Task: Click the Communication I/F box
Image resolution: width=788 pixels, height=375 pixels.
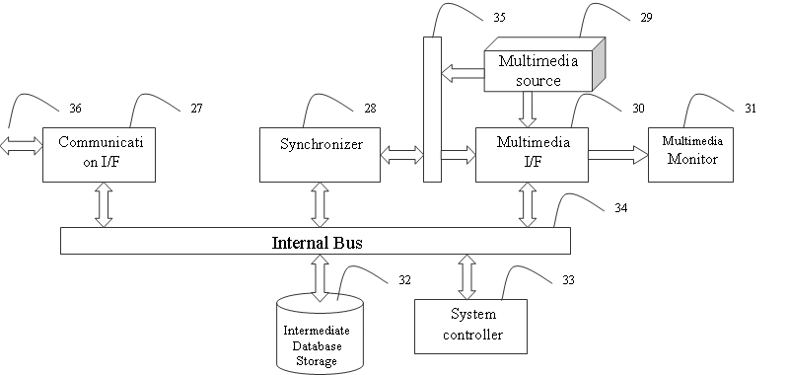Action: coord(99,155)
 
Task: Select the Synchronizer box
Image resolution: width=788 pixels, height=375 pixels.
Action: coord(321,155)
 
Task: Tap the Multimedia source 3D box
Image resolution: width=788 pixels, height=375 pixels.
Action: coord(544,64)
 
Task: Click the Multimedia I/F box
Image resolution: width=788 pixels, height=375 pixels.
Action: coord(533,155)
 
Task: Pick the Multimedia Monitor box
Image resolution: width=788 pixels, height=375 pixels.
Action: coord(690,155)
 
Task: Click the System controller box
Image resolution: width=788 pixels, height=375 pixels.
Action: coord(470,327)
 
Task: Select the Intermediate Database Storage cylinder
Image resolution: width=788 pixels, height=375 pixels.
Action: coord(321,335)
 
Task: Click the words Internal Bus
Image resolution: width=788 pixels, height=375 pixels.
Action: coord(318,243)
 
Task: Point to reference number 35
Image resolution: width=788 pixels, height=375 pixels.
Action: coord(499,18)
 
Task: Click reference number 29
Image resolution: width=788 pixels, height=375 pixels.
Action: coord(646,18)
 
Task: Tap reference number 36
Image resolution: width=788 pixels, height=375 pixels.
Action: coord(75,109)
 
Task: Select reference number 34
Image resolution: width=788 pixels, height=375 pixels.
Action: coord(621,208)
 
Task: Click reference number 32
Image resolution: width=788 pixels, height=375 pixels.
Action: coord(404,280)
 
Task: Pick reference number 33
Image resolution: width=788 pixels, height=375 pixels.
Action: coord(568,280)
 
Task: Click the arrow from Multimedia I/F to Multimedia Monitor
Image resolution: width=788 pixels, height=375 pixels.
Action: coord(618,155)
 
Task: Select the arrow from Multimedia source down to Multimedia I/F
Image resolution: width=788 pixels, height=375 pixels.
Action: coord(528,110)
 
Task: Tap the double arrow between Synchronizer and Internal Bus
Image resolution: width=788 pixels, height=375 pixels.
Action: coord(321,204)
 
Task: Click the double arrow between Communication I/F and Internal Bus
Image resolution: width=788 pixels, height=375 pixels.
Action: coord(104,204)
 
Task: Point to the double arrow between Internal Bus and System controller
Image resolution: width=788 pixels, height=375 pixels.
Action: coord(467,276)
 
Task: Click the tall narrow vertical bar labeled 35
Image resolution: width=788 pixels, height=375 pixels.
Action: coord(432,110)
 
